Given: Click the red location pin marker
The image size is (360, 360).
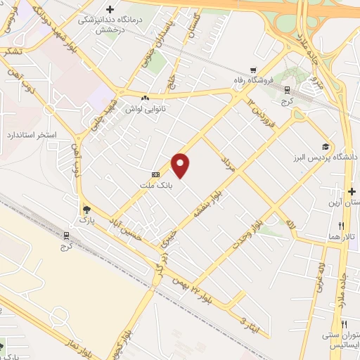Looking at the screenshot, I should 181,165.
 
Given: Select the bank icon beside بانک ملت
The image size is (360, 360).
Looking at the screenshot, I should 155,174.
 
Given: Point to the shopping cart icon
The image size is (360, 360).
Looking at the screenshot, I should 252,70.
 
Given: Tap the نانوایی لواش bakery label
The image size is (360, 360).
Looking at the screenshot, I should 145,109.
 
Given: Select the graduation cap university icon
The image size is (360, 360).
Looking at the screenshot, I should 325,147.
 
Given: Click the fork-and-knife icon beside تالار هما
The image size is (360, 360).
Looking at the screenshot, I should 342,226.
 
